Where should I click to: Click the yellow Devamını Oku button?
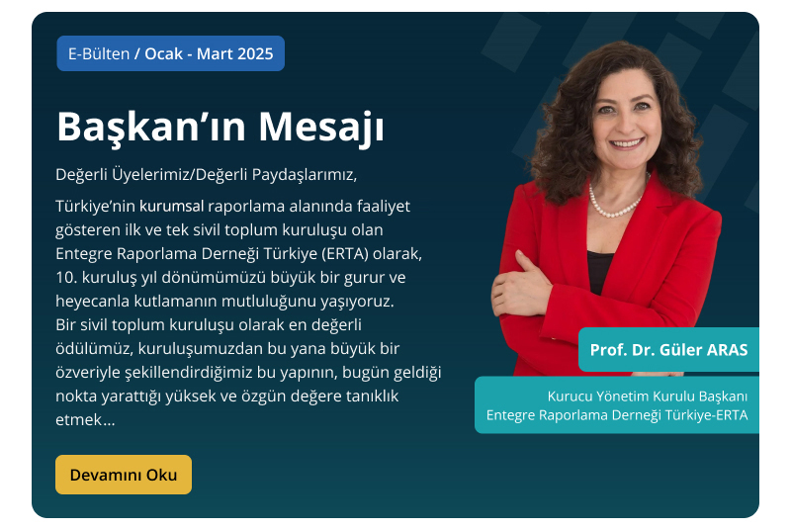tap(124, 475)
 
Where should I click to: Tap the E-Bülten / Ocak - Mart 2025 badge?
tap(170, 53)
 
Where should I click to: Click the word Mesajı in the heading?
tap(321, 127)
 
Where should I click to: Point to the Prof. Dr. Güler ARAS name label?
tap(668, 349)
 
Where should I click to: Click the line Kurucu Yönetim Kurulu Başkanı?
tap(648, 397)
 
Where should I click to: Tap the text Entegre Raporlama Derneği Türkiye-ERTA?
tap(617, 415)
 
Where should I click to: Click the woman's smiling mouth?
tap(626, 143)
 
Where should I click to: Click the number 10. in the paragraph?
tap(66, 277)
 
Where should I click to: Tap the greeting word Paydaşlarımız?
tap(305, 174)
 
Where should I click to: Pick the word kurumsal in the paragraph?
tap(171, 206)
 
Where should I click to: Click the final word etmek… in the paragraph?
tap(85, 419)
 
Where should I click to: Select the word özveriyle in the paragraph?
tap(88, 372)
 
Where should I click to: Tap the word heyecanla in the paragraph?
tap(92, 301)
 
